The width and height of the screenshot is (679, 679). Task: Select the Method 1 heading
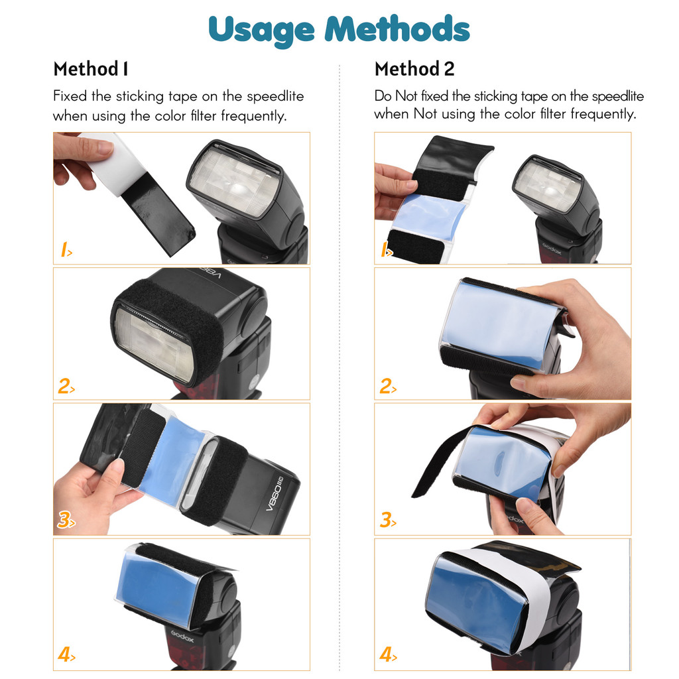point(91,69)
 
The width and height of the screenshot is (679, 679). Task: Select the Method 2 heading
point(414,69)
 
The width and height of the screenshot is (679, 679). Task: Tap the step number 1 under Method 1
point(64,251)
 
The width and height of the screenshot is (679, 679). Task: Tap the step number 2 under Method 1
point(64,387)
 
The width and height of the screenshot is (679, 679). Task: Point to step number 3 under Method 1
point(64,521)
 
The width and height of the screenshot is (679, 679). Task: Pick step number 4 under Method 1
point(64,656)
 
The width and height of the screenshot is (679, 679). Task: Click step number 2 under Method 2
point(386,387)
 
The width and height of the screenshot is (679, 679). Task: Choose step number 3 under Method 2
point(386,521)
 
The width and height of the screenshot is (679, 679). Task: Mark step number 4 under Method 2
point(386,656)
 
